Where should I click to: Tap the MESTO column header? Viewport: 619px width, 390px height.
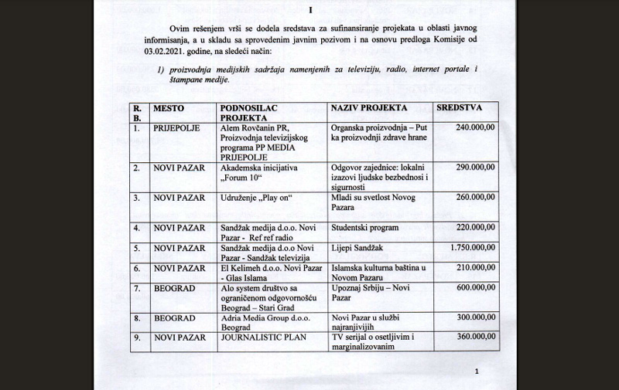point(169,109)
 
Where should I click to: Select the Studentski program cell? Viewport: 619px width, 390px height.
point(364,228)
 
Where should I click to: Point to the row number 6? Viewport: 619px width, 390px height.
point(136,268)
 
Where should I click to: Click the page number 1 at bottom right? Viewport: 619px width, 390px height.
point(477,373)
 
